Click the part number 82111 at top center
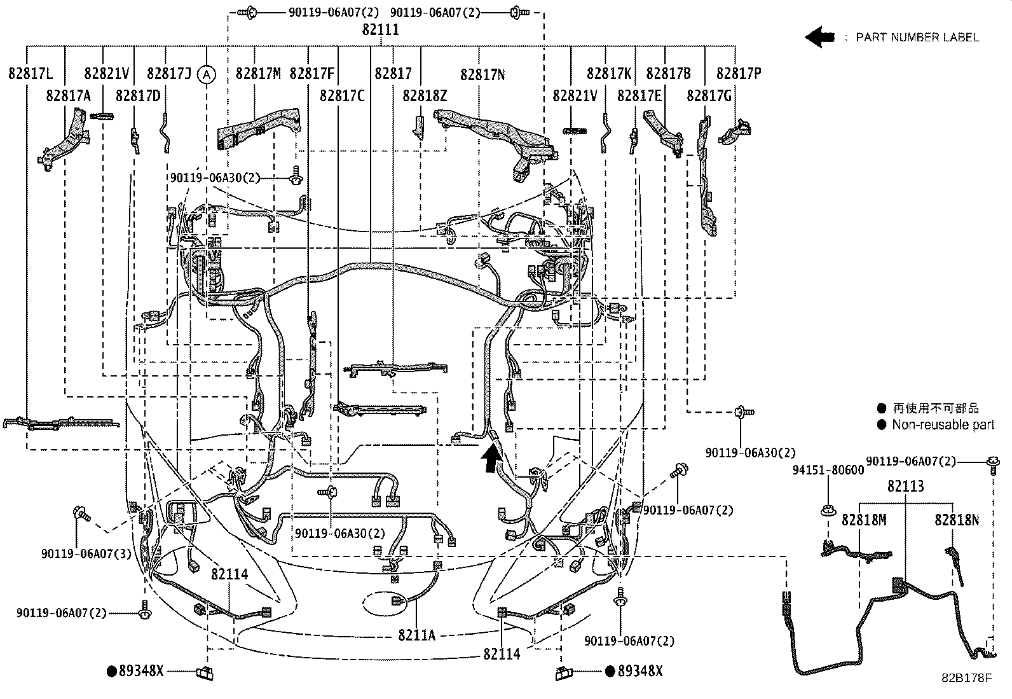click(381, 30)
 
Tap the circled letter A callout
click(206, 74)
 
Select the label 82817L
click(31, 74)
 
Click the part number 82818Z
click(425, 95)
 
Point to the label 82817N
click(482, 74)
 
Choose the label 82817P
click(738, 74)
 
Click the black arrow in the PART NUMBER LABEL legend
click(819, 37)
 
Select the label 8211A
click(416, 635)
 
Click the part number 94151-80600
click(828, 470)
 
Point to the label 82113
click(906, 487)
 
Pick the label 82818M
click(863, 520)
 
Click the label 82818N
click(956, 520)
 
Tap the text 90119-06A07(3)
click(86, 553)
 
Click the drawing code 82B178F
click(966, 678)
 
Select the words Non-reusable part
click(943, 425)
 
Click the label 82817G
click(709, 95)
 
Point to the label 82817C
click(342, 95)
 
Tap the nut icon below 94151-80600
click(829, 509)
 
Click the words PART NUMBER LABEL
click(917, 38)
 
